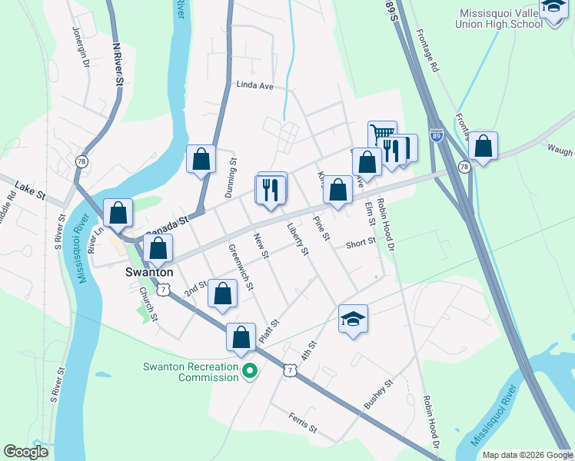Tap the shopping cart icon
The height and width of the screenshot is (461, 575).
click(381, 134)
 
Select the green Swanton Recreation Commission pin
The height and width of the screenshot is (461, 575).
click(250, 373)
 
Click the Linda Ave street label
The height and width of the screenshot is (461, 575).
click(255, 86)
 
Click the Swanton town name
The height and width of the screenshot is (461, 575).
click(148, 273)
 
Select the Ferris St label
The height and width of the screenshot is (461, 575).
click(303, 423)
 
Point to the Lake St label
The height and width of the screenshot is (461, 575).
click(25, 187)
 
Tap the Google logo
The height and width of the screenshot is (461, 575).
click(26, 452)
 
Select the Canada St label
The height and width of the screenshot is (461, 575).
click(168, 225)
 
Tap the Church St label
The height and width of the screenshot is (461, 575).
click(148, 304)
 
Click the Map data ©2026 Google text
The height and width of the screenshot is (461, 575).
click(527, 455)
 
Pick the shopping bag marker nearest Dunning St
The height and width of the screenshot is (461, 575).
click(201, 159)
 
